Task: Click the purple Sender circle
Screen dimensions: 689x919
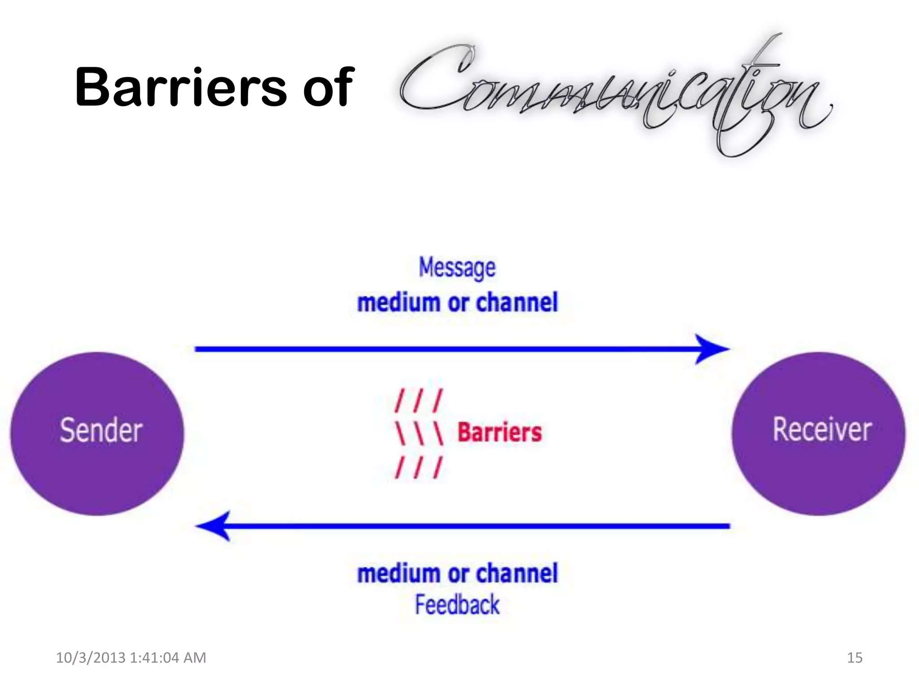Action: [x=97, y=433]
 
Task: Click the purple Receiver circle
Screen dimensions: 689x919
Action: [x=818, y=433]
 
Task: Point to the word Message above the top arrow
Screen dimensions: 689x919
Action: [x=457, y=268]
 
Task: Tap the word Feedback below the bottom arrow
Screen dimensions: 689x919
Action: [x=457, y=605]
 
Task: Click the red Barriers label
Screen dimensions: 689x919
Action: [x=499, y=432]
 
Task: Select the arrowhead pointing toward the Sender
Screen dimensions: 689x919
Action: [x=214, y=526]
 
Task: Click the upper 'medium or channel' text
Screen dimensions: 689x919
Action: [x=457, y=302]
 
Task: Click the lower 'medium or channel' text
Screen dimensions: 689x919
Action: [x=457, y=573]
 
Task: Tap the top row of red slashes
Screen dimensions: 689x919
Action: [x=419, y=401]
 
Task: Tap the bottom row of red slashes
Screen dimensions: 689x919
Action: [x=419, y=467]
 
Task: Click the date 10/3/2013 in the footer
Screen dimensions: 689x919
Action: [x=91, y=658]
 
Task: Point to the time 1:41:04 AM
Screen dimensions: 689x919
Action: [x=168, y=658]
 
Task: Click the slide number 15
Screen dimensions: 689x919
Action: [x=854, y=658]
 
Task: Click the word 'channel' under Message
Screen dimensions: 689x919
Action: [x=517, y=302]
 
